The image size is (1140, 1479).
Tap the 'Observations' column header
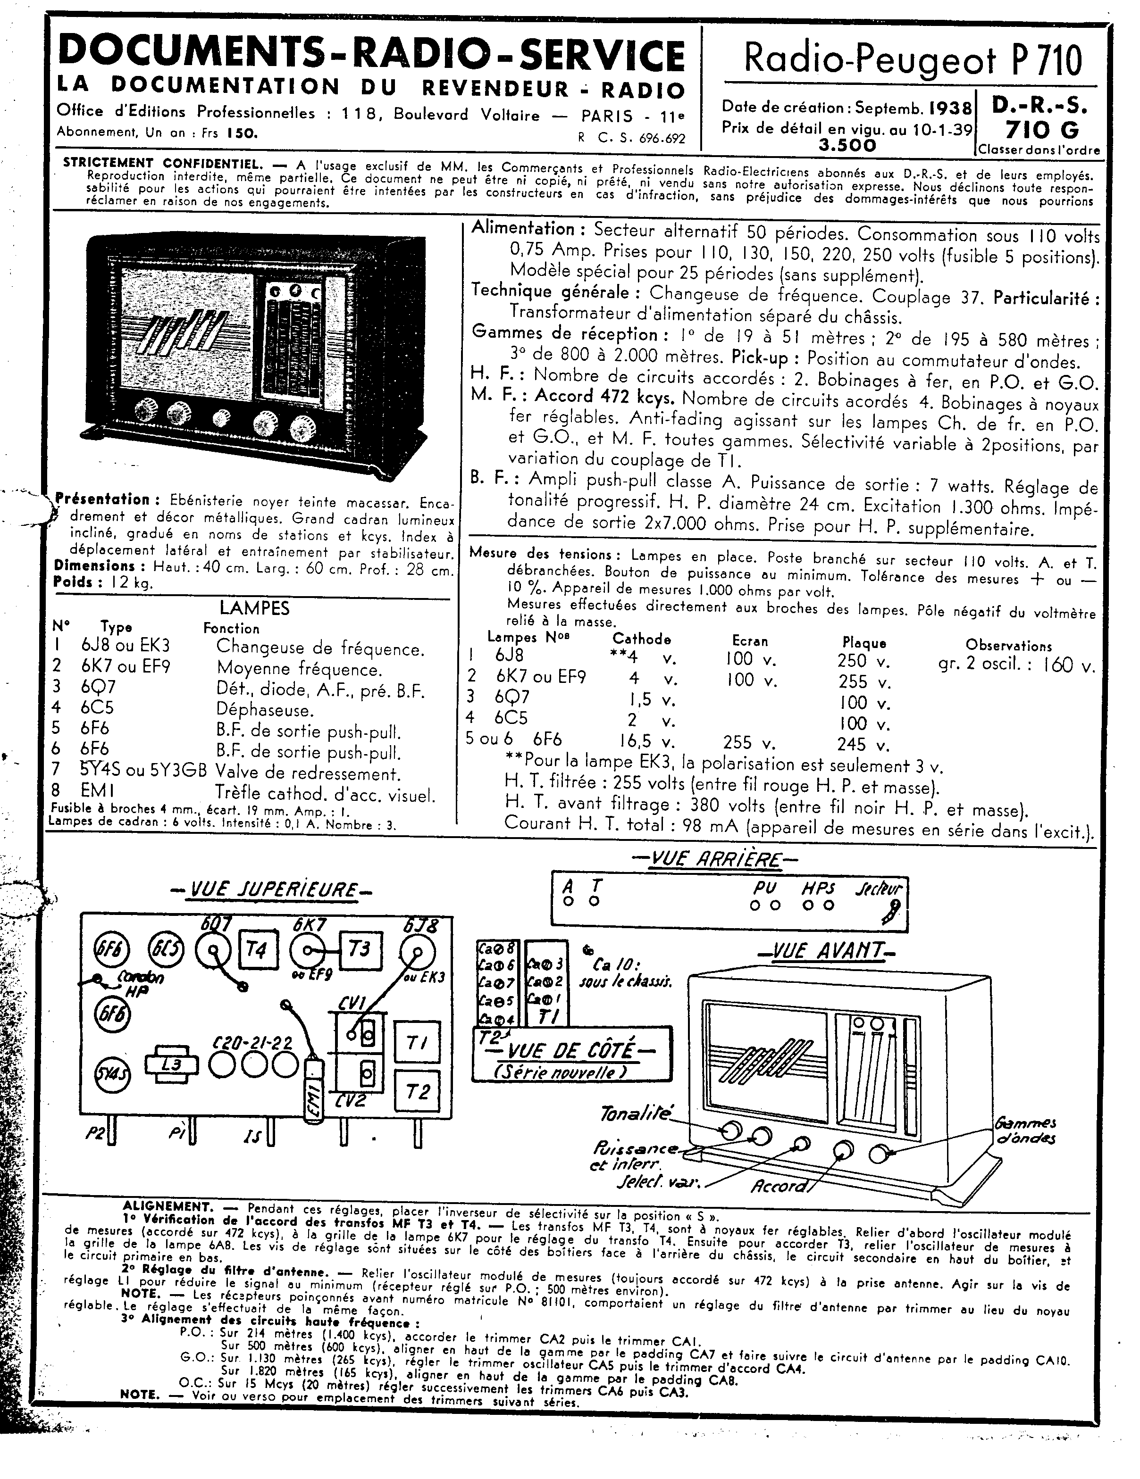[x=1008, y=645]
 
